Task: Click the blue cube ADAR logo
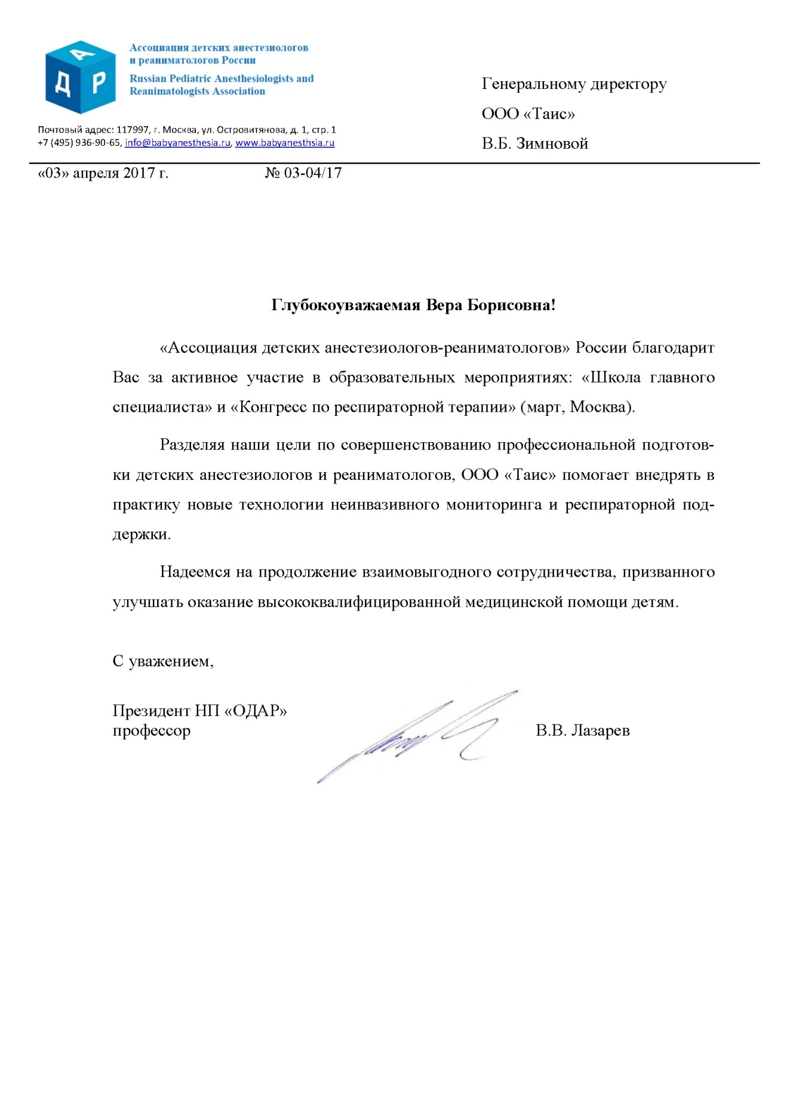80,77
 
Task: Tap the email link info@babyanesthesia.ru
177,143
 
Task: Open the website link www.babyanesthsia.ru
285,143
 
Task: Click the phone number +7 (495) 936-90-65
79,143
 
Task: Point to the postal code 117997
133,130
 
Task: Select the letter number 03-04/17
312,173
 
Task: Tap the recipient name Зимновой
552,144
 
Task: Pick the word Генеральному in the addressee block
534,84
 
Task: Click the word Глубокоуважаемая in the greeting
346,305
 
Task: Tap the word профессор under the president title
152,731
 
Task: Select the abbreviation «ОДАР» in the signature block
256,711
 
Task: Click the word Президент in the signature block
151,711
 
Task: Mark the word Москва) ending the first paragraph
602,408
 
